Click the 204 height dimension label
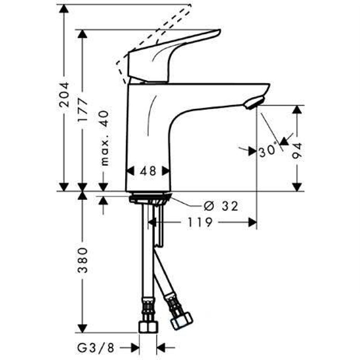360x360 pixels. [65, 95]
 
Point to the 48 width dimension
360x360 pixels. [148, 171]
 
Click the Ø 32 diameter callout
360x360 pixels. [220, 207]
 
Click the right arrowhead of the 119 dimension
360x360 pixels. [252, 222]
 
